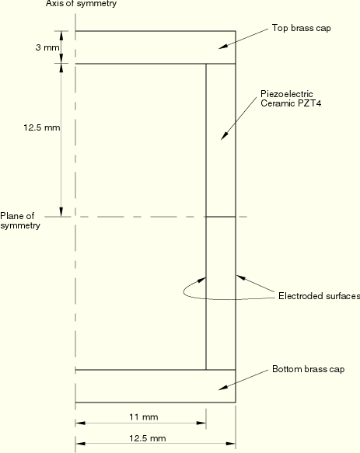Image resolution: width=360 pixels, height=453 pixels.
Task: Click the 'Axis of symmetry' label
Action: (82, 4)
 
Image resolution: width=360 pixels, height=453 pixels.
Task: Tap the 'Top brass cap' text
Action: (302, 28)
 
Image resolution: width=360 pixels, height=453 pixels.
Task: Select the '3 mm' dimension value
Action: (47, 47)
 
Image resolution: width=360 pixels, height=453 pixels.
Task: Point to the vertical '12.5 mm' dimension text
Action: (42, 127)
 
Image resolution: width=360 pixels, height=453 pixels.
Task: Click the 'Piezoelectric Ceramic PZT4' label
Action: (291, 99)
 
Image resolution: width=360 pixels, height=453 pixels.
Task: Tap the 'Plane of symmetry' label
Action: (20, 221)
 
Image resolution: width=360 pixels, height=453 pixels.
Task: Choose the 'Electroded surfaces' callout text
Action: (320, 296)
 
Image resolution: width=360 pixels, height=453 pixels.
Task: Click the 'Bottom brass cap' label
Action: (308, 369)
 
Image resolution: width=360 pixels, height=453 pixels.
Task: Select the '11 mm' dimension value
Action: (143, 417)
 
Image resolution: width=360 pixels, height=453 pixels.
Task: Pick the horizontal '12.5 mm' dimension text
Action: (148, 438)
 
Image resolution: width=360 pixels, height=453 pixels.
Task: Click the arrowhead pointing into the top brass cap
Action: (222, 46)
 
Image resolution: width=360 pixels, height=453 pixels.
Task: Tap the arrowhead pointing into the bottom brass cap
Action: (222, 388)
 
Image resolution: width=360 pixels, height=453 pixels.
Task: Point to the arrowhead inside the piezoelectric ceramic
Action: (224, 136)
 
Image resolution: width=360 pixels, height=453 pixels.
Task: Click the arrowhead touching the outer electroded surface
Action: (241, 277)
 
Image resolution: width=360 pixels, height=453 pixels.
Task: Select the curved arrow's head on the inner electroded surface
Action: (201, 280)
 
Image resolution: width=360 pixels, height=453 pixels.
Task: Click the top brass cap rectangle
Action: (156, 47)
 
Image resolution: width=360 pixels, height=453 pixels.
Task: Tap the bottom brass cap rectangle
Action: (156, 386)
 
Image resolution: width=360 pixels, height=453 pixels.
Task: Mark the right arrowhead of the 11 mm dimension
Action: (201, 423)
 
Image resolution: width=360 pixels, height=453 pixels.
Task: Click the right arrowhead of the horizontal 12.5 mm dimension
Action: (231, 444)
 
